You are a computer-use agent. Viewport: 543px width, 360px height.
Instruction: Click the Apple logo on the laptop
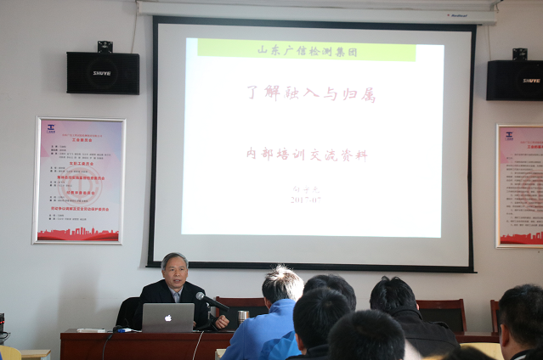coord(168,317)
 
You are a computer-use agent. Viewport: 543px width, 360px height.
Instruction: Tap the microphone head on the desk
coord(201,296)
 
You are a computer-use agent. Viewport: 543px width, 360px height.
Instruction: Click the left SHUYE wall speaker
coord(103,73)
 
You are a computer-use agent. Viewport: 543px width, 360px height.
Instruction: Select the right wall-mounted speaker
coord(515,80)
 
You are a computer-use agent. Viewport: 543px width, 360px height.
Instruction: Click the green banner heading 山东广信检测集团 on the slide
coord(306,49)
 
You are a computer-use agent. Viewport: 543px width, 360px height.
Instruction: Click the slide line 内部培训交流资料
coord(307,155)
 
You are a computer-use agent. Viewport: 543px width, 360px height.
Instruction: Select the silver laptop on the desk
coord(168,318)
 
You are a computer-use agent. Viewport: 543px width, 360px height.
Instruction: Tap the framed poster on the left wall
coord(79,181)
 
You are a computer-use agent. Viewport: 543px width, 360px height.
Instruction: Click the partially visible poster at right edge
coord(520,185)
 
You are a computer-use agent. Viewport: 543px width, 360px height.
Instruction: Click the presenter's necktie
coord(176,296)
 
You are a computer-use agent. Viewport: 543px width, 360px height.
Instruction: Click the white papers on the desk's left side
coord(90,329)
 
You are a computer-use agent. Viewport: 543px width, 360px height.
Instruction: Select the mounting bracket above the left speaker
coord(105,46)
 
